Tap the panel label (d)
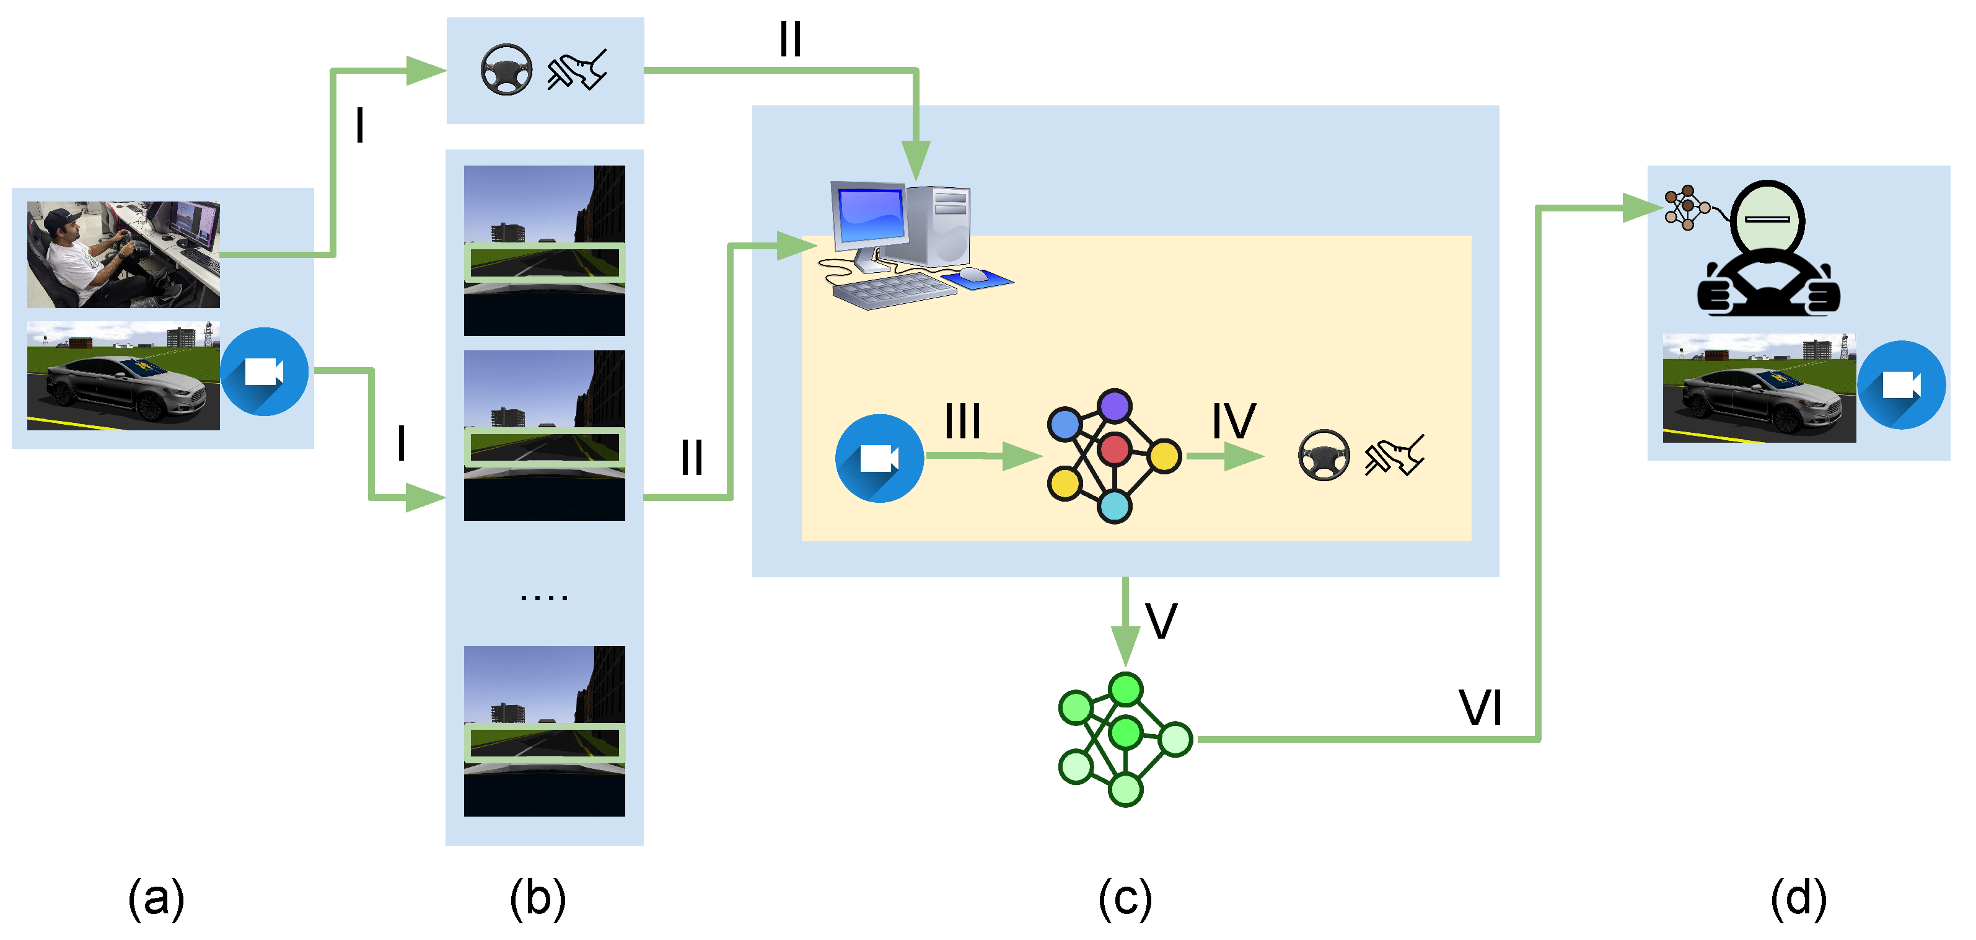(x=1798, y=898)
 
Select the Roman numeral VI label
(x=1480, y=707)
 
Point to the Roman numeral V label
(x=1161, y=621)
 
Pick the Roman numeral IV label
(x=1234, y=420)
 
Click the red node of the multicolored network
(x=1115, y=450)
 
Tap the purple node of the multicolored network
(x=1115, y=405)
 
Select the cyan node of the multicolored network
(x=1114, y=507)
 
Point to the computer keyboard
(x=894, y=291)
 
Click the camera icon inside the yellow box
(x=879, y=459)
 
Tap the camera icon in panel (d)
(x=1901, y=384)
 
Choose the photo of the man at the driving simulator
(x=123, y=255)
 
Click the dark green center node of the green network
(x=1125, y=732)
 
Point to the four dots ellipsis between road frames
(x=544, y=597)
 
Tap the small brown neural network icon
(x=1685, y=207)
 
